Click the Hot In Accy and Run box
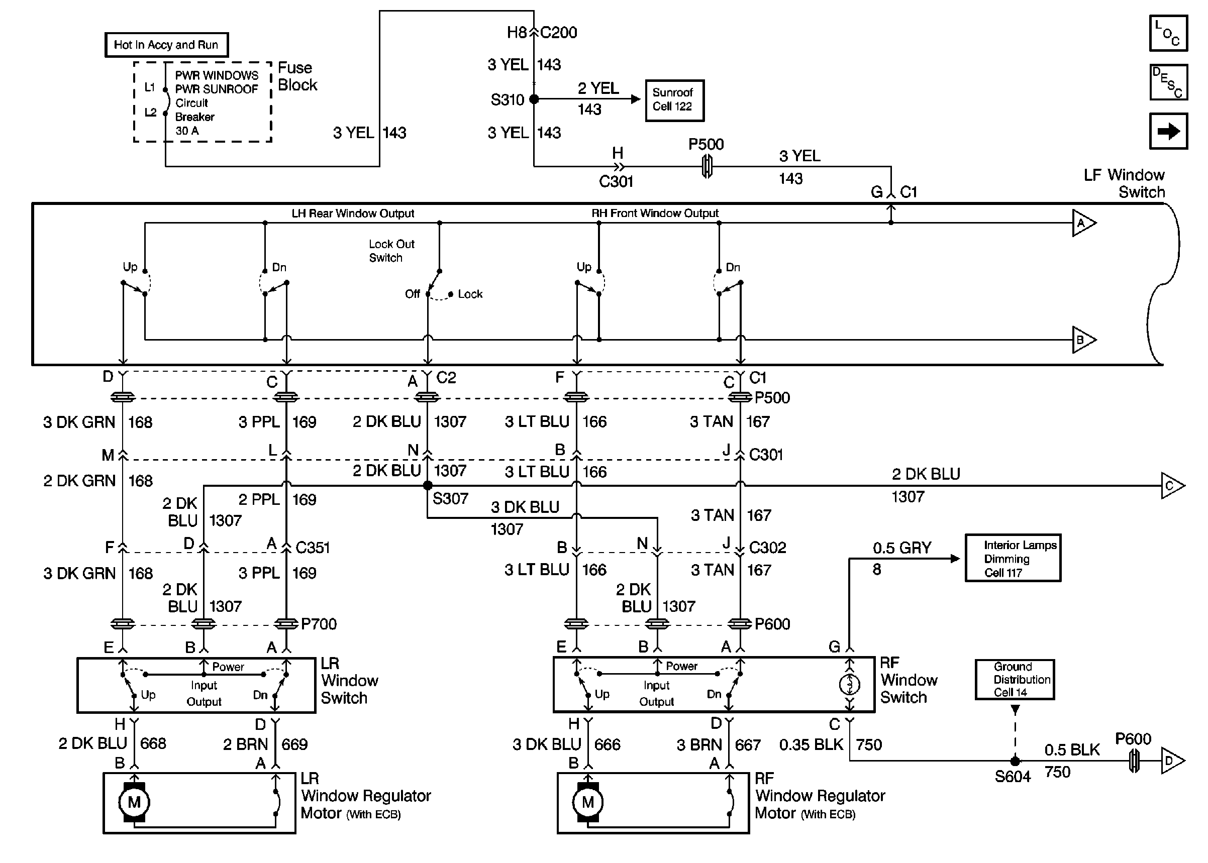coord(166,45)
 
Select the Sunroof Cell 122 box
coord(674,100)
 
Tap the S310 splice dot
coord(534,99)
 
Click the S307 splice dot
coord(427,485)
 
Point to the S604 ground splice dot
coord(1015,761)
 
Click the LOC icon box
coord(1168,33)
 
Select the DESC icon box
coord(1168,82)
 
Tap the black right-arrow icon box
coord(1168,131)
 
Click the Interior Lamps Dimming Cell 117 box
coord(1013,559)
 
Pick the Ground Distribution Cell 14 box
coord(1015,680)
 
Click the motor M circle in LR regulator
coord(134,802)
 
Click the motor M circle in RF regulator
coord(587,802)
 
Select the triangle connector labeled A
coord(1082,223)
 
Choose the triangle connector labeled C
coord(1171,486)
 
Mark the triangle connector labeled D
coord(1171,761)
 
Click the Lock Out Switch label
coord(391,251)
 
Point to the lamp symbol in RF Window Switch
coord(849,685)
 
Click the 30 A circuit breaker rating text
coord(187,131)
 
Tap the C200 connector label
coord(559,33)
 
